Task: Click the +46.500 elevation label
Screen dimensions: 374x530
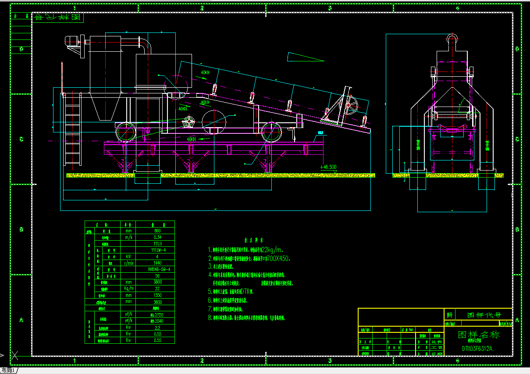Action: click(328, 167)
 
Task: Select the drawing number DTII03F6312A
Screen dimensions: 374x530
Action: click(477, 349)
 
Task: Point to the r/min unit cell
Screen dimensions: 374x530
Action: click(128, 263)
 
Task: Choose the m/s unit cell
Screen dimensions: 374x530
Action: click(128, 237)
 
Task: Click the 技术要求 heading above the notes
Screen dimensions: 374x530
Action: click(254, 241)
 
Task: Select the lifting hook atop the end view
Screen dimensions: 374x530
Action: click(452, 38)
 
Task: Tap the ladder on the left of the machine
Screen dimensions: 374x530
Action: click(73, 129)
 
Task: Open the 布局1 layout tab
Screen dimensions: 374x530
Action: click(8, 370)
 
